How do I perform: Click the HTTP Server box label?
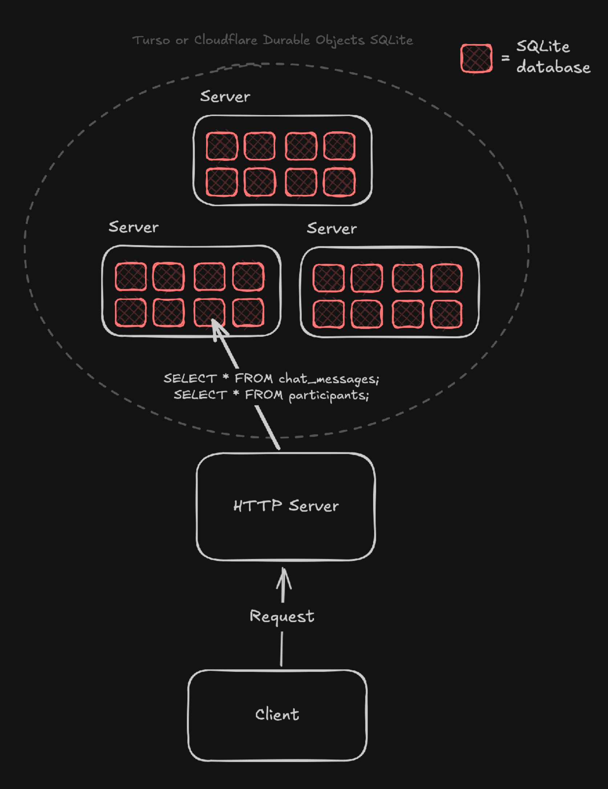pos(285,506)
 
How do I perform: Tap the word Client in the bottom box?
pos(277,715)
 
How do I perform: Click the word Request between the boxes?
pos(282,616)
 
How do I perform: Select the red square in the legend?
pos(477,58)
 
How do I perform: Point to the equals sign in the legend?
pos(506,58)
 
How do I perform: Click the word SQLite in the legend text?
pos(543,46)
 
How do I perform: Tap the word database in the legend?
pos(553,68)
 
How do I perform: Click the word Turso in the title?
pos(151,40)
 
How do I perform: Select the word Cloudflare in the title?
pos(226,40)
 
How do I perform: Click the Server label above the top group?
pos(225,97)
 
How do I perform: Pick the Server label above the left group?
pos(134,227)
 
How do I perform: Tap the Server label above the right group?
pos(332,228)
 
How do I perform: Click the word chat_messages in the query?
pos(329,379)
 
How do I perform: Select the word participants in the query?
pos(329,395)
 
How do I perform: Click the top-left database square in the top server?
pos(222,146)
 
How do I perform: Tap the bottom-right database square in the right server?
pos(446,314)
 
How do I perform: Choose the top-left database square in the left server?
pos(131,277)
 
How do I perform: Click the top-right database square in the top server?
pos(339,146)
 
